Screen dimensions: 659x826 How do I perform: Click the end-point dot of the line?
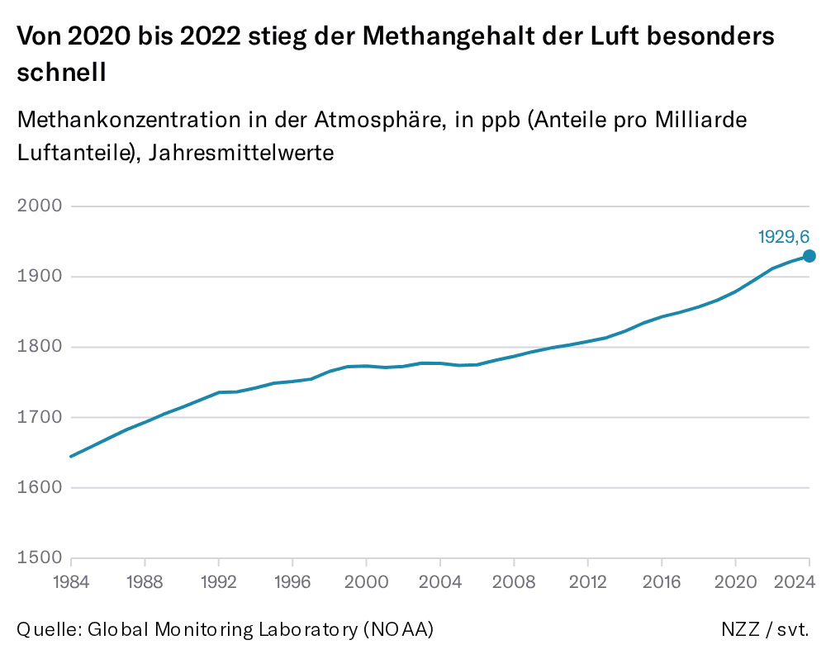pos(809,256)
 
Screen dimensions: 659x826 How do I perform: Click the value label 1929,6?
pos(783,237)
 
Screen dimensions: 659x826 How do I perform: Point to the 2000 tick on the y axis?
pos(40,206)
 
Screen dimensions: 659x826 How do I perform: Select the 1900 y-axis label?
pos(40,277)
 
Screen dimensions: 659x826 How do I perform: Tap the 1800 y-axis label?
pos(40,347)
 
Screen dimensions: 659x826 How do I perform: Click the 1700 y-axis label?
pos(40,417)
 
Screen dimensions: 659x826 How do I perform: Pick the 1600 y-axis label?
pos(40,487)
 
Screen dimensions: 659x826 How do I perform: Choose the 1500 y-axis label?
pos(40,557)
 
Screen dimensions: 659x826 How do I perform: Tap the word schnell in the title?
pos(62,72)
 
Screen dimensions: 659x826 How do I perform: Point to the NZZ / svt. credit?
pos(765,629)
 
